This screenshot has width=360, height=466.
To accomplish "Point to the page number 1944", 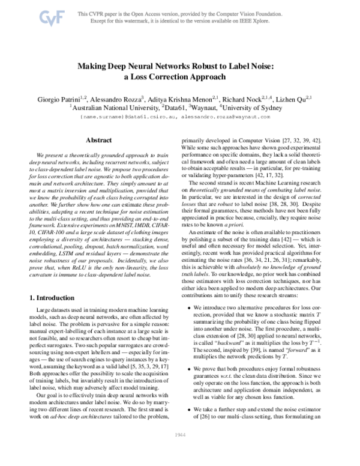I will pyautogui.click(x=180, y=450).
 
